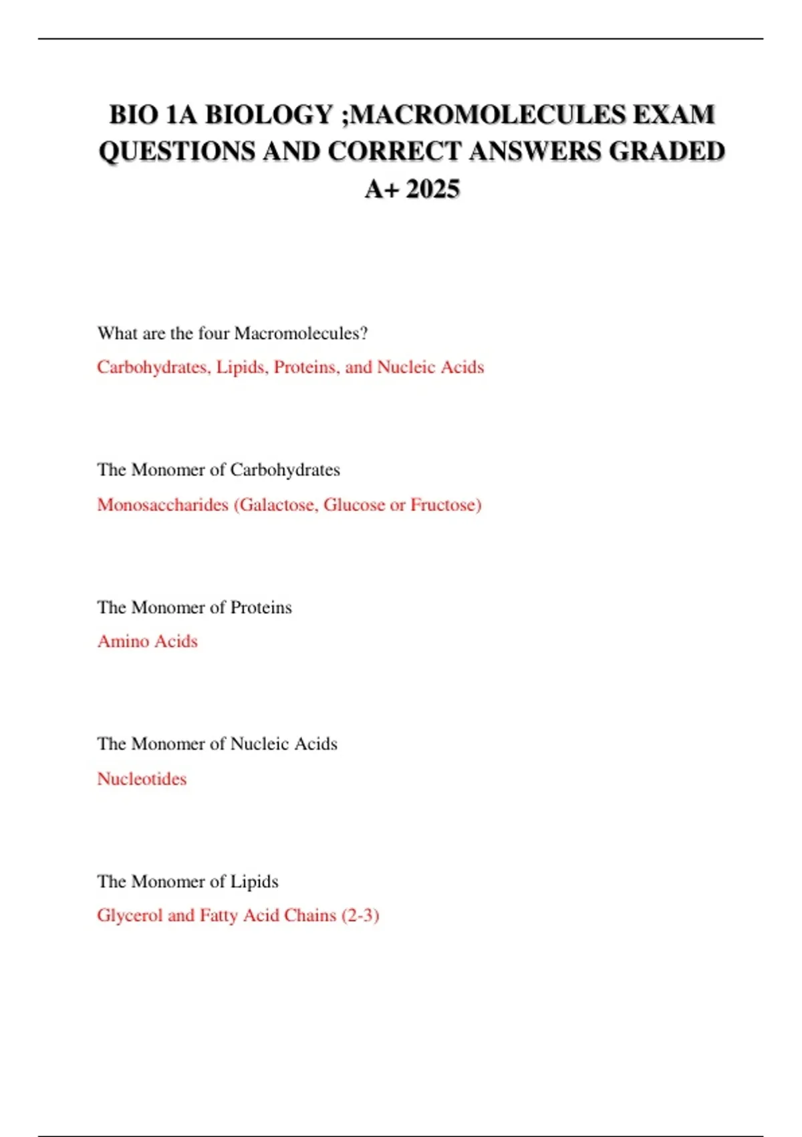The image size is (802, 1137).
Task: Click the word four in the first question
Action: (214, 333)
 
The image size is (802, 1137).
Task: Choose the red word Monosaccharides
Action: (162, 504)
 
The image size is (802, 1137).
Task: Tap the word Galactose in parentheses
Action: (277, 504)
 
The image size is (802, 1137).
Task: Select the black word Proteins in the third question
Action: (261, 607)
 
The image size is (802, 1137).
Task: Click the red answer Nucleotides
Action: (142, 779)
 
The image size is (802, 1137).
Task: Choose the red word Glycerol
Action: (130, 916)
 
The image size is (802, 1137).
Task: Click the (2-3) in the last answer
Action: (360, 916)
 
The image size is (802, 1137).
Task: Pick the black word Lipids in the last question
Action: (254, 882)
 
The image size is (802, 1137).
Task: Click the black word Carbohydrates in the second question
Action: (285, 470)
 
